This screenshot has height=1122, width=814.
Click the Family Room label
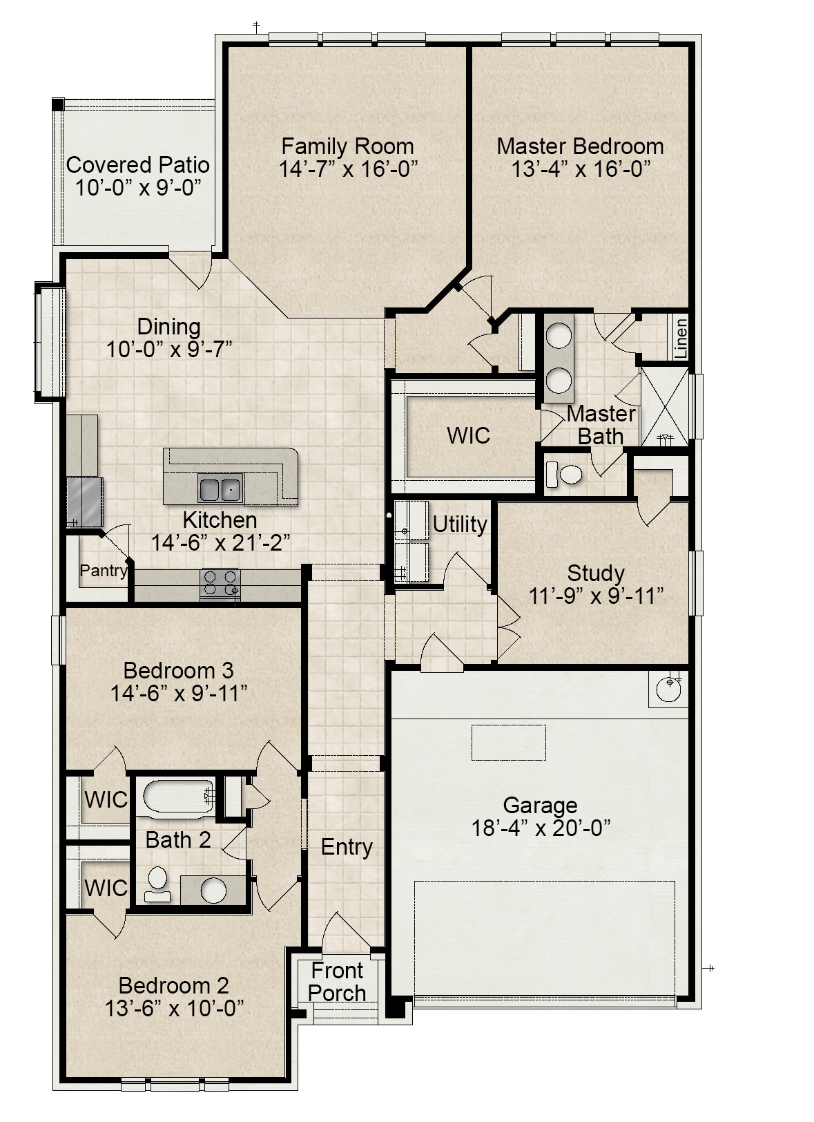[x=347, y=146]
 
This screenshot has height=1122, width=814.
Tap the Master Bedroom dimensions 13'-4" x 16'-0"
[x=581, y=169]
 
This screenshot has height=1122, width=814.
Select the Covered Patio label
[x=137, y=165]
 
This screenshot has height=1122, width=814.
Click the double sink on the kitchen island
[x=220, y=488]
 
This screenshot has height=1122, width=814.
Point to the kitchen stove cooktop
[x=220, y=583]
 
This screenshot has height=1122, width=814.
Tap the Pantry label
[x=104, y=571]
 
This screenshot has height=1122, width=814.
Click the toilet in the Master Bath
[x=565, y=475]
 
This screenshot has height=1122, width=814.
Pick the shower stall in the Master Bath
[x=665, y=407]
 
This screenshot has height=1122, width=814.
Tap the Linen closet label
[x=681, y=337]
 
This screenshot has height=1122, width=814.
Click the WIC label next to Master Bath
[x=468, y=435]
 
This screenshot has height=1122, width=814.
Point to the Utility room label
[x=460, y=524]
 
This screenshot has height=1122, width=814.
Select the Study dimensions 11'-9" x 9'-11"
[x=596, y=596]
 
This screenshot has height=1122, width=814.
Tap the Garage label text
[x=540, y=805]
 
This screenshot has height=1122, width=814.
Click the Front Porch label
[x=337, y=982]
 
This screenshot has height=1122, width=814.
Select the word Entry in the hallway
[x=347, y=847]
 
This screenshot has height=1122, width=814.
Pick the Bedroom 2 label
[x=173, y=985]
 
